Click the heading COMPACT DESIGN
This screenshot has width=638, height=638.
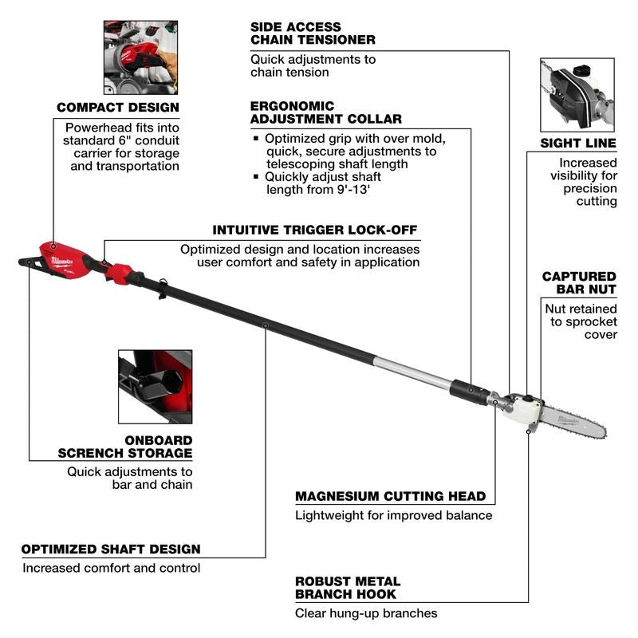pyautogui.click(x=117, y=107)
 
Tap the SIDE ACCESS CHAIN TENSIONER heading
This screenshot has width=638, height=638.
pyautogui.click(x=313, y=33)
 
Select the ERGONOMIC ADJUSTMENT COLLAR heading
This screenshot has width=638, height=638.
pyautogui.click(x=326, y=112)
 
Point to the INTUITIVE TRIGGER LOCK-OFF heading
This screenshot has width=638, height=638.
pyautogui.click(x=314, y=230)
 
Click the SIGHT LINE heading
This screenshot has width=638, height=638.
pyautogui.click(x=578, y=144)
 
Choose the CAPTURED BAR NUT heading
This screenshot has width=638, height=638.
pyautogui.click(x=579, y=282)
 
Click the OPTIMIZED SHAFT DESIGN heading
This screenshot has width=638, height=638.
pyautogui.click(x=111, y=549)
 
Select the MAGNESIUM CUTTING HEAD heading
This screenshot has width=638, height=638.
pyautogui.click(x=391, y=496)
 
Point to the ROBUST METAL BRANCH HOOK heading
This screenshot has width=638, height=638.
pyautogui.click(x=348, y=588)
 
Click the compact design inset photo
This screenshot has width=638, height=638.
pyautogui.click(x=140, y=58)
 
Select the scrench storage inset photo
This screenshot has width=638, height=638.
pyautogui.click(x=155, y=386)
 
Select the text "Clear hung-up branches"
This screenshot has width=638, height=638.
pyautogui.click(x=366, y=613)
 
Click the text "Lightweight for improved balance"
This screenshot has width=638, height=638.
pyautogui.click(x=393, y=515)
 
